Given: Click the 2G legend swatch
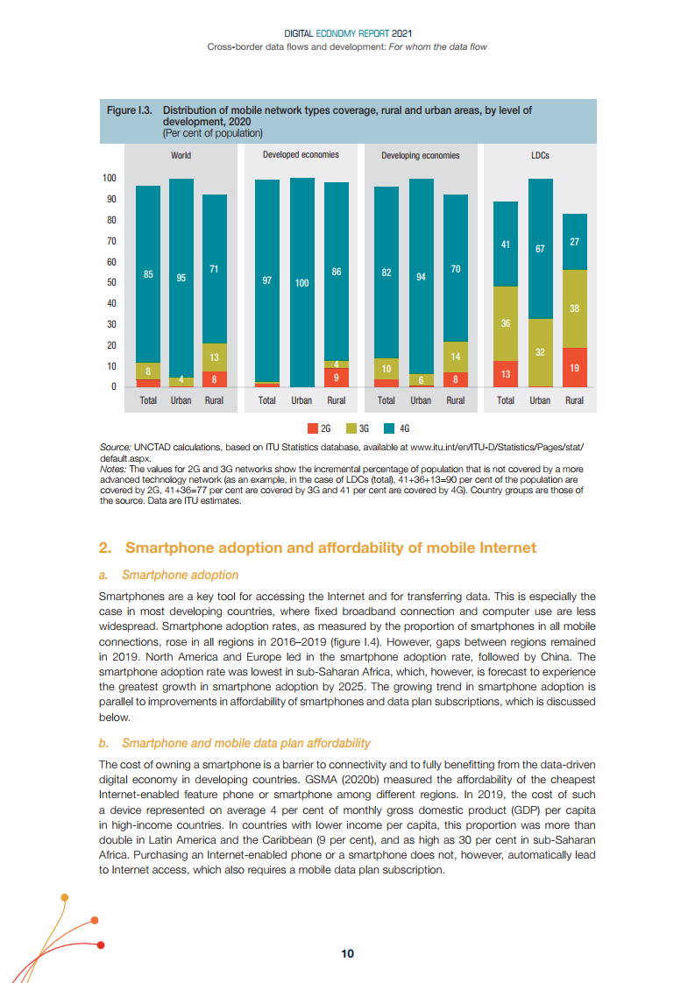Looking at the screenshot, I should click(313, 428).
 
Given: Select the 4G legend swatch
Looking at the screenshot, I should click(390, 428).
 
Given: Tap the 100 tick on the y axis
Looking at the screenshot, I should click(110, 178).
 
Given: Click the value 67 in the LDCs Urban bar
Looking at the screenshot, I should click(540, 250).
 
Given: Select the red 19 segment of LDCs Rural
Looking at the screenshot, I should click(575, 369).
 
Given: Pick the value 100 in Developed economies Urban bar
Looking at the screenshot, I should click(301, 284).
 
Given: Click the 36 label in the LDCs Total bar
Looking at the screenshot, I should click(506, 324).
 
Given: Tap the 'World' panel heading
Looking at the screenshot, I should click(181, 155).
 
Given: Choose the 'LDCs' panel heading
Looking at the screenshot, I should click(540, 155).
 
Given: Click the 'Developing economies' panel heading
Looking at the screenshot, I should click(421, 155).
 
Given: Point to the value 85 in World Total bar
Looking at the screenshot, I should click(148, 275).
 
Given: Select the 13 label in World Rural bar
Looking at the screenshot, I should click(214, 357).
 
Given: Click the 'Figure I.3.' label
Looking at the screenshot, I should click(130, 110).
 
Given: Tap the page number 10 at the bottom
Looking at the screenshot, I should click(348, 954).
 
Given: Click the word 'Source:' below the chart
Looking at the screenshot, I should click(117, 447).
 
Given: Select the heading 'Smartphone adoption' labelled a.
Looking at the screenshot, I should click(180, 575).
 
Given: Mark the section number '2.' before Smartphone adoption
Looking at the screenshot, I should click(104, 548).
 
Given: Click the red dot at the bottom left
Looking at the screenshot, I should click(102, 944).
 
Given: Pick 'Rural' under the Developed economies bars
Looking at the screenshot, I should click(336, 400).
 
